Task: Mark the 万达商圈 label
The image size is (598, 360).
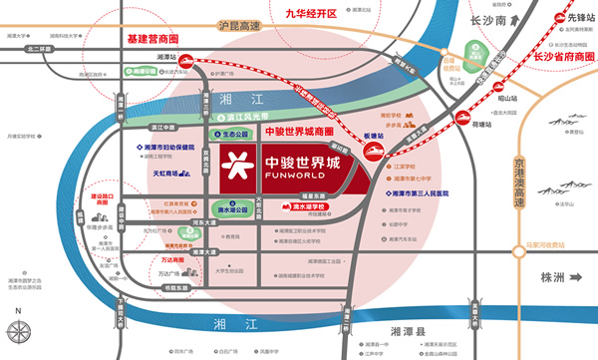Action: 146,259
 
